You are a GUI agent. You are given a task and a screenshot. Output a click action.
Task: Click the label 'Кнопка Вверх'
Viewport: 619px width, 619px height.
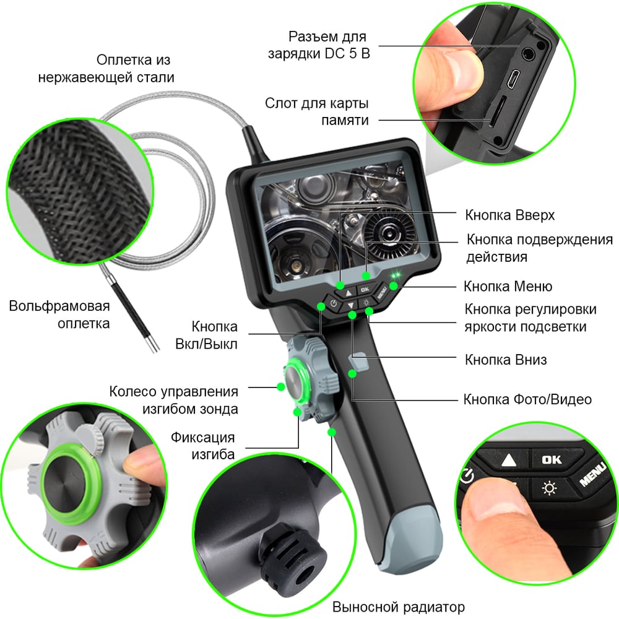click(x=509, y=215)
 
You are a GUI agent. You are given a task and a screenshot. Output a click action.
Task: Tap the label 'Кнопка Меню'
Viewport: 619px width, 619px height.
click(x=508, y=286)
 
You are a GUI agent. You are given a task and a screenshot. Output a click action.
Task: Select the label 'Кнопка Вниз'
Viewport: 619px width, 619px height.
click(x=506, y=360)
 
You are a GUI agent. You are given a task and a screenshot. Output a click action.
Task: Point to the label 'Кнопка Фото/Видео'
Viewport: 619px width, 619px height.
click(x=527, y=399)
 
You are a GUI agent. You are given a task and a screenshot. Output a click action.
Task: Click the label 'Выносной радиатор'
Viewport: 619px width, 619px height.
click(x=398, y=607)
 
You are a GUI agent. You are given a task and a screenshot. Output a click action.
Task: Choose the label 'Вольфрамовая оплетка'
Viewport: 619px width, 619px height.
click(x=59, y=314)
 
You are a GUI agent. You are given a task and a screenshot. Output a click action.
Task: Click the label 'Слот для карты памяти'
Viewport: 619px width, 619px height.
click(x=317, y=111)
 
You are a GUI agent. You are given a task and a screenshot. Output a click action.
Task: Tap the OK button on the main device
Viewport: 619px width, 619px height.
click(x=365, y=289)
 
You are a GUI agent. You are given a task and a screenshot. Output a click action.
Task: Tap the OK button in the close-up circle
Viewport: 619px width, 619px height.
click(x=552, y=459)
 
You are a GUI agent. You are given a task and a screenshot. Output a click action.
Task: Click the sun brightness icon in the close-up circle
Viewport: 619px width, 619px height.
click(x=549, y=488)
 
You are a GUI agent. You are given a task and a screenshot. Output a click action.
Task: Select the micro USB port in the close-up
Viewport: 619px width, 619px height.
click(x=514, y=79)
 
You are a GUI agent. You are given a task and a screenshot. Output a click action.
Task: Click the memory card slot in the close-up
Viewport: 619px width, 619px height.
click(x=497, y=111)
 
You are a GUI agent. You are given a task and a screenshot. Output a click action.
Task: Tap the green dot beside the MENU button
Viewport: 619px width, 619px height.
click(x=394, y=286)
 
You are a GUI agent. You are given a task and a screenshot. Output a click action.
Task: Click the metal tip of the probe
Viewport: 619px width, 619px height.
click(x=153, y=343)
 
